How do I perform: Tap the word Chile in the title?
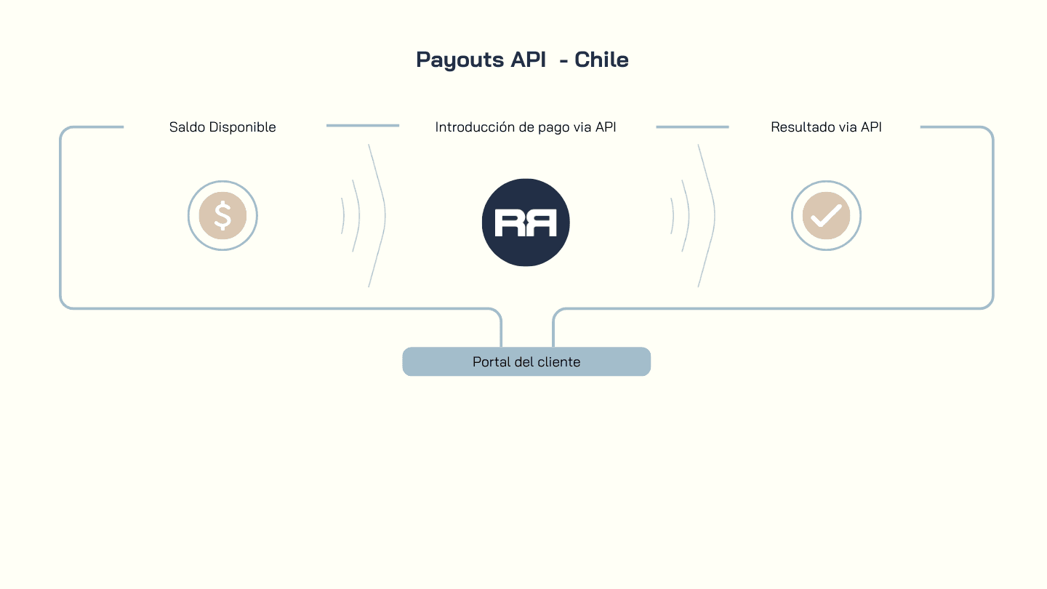click(601, 60)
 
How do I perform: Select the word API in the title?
click(529, 60)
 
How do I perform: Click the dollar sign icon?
click(222, 216)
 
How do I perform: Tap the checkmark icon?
click(826, 216)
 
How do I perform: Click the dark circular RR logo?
click(526, 223)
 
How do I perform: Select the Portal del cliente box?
click(526, 361)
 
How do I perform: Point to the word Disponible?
click(243, 127)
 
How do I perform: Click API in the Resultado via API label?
click(871, 127)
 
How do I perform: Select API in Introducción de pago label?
click(606, 127)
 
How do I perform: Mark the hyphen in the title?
click(563, 61)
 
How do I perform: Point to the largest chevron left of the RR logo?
click(377, 215)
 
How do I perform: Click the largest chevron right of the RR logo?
click(707, 215)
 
